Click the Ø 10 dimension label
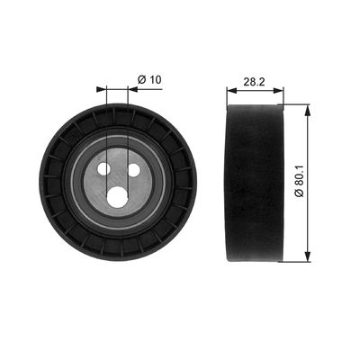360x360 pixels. pyautogui.click(x=149, y=80)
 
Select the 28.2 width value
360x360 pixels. pyautogui.click(x=254, y=82)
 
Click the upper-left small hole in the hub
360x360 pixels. pyautogui.click(x=103, y=169)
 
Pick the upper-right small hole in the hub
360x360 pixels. pyautogui.click(x=134, y=171)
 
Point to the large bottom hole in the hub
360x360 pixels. pyautogui.click(x=117, y=197)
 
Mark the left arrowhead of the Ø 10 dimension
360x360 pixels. pyautogui.click(x=102, y=89)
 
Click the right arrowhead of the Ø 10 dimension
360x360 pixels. pyautogui.click(x=132, y=89)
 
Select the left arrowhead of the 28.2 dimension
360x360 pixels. pyautogui.click(x=232, y=90)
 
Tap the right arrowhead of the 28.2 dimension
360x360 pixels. pyautogui.click(x=278, y=90)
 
